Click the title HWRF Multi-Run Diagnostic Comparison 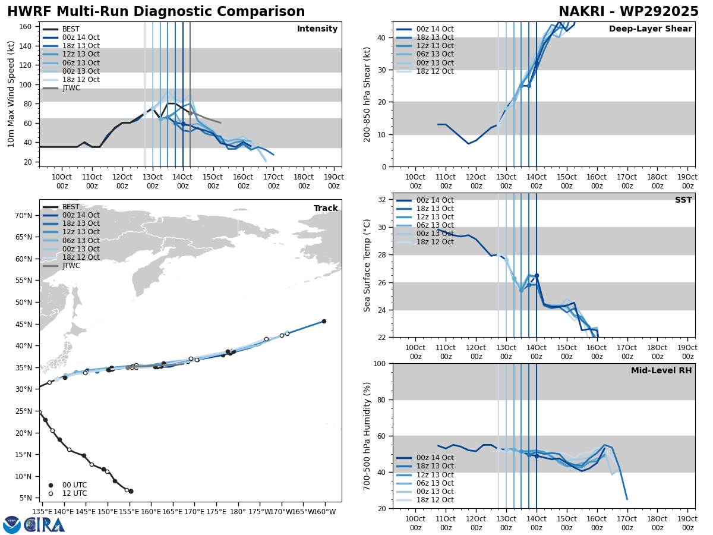(156, 12)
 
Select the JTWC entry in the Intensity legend (71, 88)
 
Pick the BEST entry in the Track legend (71, 207)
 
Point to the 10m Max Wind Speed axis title (11, 94)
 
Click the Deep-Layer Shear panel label (650, 29)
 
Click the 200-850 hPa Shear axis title (367, 94)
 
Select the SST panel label (683, 200)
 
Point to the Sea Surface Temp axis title (367, 265)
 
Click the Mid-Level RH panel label (661, 371)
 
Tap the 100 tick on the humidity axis (379, 363)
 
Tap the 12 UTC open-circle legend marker (51, 493)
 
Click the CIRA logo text (45, 525)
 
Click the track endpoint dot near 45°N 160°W (324, 321)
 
